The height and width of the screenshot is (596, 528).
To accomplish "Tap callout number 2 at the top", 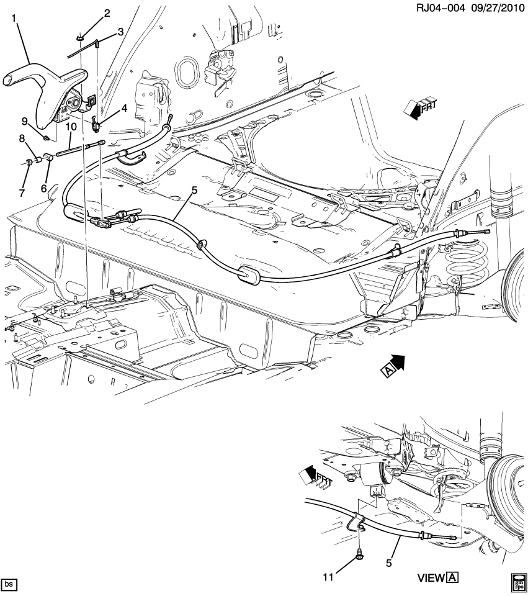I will (x=107, y=13).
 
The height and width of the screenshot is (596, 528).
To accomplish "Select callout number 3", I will (x=120, y=31).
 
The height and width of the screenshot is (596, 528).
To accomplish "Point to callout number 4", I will (x=124, y=108).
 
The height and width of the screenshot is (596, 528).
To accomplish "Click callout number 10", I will (x=71, y=127).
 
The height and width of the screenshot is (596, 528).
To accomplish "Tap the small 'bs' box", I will (x=9, y=585).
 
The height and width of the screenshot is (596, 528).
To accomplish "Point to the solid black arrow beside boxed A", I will (x=396, y=363).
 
